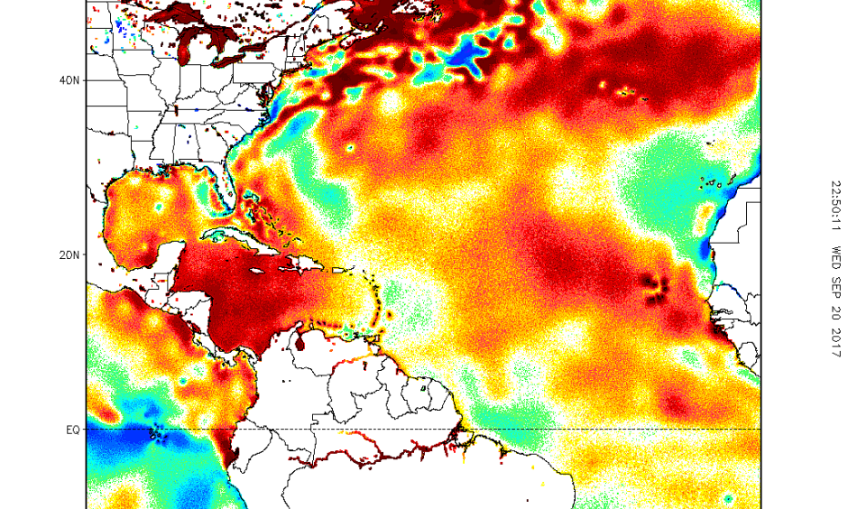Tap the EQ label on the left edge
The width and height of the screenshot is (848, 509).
[72, 430]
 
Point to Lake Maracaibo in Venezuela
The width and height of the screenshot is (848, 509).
[301, 344]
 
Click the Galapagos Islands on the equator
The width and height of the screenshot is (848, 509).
[159, 435]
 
